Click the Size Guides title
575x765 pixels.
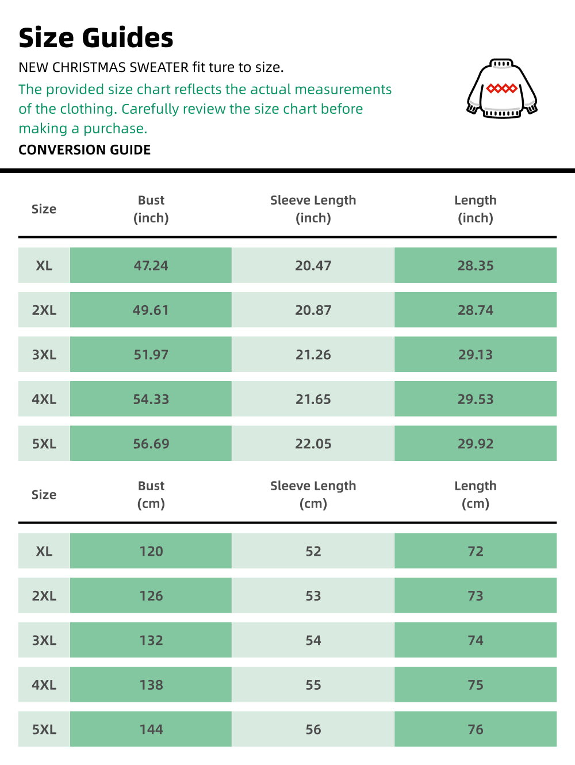[x=96, y=38]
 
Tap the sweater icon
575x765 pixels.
[x=502, y=89]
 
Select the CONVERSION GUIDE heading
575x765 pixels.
[x=85, y=150]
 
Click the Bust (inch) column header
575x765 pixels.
[x=151, y=209]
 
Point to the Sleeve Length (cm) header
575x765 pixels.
[x=313, y=494]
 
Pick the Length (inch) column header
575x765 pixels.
[x=476, y=209]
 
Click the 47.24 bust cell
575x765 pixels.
[x=151, y=266]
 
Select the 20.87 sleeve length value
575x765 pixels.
[x=313, y=310]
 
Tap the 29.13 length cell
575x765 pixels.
[x=476, y=355]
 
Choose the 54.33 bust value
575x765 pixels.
[x=151, y=399]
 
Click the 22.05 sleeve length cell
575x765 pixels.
[x=313, y=444]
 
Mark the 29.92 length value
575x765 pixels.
[x=476, y=444]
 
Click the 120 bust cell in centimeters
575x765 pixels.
[x=151, y=551]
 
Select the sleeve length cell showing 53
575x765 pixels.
[x=313, y=595]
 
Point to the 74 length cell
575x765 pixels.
[x=476, y=640]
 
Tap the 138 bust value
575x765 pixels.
[x=151, y=685]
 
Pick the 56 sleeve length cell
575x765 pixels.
[x=313, y=729]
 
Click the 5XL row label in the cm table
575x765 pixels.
[x=44, y=729]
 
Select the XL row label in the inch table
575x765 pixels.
[x=44, y=266]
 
